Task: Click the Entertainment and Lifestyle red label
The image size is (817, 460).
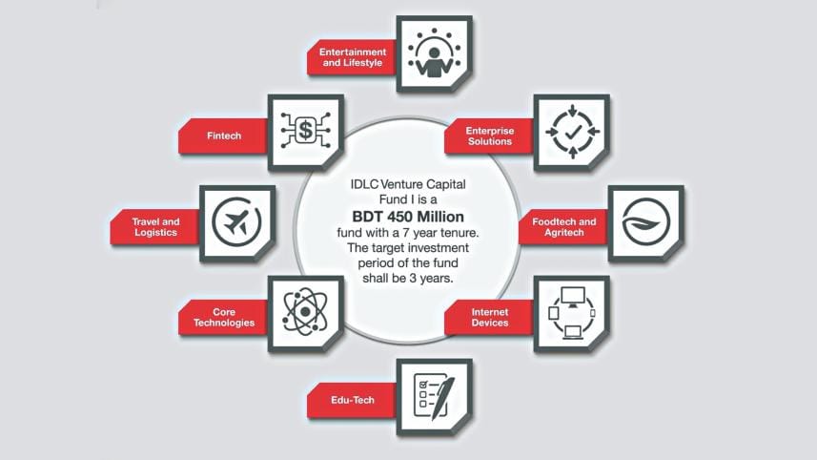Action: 352,57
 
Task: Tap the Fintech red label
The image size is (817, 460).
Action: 224,136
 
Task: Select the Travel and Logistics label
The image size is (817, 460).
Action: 155,227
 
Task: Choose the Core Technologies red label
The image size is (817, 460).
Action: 224,317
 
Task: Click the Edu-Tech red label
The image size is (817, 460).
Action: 352,400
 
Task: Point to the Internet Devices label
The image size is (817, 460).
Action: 490,317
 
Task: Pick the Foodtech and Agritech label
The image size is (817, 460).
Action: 563,227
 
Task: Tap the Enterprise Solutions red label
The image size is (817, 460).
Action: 490,136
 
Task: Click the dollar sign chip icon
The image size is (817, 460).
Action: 305,130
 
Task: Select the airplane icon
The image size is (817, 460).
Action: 237,221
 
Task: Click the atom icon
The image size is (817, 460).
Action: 305,312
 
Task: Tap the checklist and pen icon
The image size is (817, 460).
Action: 434,396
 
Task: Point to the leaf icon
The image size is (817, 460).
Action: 645,221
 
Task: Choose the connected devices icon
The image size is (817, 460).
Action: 572,312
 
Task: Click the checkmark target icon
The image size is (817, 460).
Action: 572,132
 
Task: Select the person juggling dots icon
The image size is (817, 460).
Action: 434,53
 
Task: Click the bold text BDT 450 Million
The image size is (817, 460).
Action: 408,217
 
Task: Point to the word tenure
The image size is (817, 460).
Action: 460,232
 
